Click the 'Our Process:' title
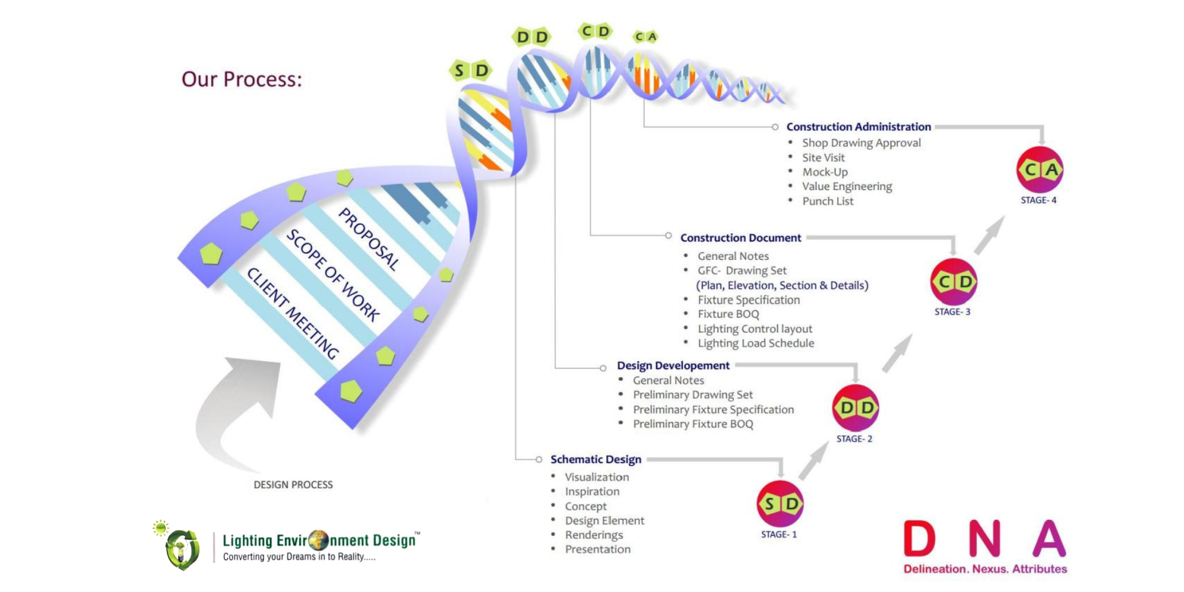pyautogui.click(x=242, y=79)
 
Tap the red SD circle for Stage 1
pyautogui.click(x=781, y=504)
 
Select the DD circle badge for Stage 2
pyautogui.click(x=855, y=408)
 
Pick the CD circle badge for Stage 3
pyautogui.click(x=954, y=282)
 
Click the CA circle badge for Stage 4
pyautogui.click(x=1040, y=170)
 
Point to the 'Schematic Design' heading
pyautogui.click(x=596, y=459)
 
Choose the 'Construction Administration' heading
pyautogui.click(x=858, y=127)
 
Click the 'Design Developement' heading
pyautogui.click(x=673, y=366)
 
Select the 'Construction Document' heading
pyautogui.click(x=741, y=238)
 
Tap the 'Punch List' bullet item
pyautogui.click(x=828, y=201)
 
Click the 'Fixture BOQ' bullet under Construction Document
pyautogui.click(x=728, y=314)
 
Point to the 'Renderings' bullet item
pyautogui.click(x=594, y=535)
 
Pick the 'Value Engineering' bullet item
pyautogui.click(x=847, y=186)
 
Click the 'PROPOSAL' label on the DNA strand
pyautogui.click(x=368, y=239)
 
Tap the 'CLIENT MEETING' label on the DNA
pyautogui.click(x=292, y=313)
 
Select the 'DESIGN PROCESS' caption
pyautogui.click(x=293, y=485)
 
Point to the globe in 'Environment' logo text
pyautogui.click(x=318, y=540)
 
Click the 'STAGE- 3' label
pyautogui.click(x=953, y=312)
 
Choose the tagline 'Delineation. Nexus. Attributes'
pyautogui.click(x=985, y=569)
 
